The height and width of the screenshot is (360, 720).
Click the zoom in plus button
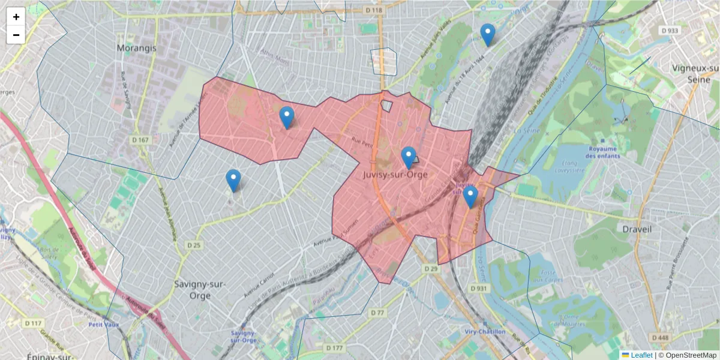[x=16, y=17]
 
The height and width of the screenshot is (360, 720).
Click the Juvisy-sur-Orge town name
[x=395, y=175]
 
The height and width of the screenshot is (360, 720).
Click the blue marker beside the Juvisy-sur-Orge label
[x=409, y=158]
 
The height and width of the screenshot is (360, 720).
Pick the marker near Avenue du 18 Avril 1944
[x=488, y=35]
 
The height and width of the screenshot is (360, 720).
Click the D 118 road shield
[x=374, y=10]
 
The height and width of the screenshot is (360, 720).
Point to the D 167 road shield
[x=140, y=140]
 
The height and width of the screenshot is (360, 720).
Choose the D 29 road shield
[x=431, y=269]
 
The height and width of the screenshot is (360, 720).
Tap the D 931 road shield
[x=478, y=289]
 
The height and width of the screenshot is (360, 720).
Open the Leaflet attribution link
[x=641, y=355]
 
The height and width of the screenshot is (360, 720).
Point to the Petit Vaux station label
[x=104, y=325]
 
